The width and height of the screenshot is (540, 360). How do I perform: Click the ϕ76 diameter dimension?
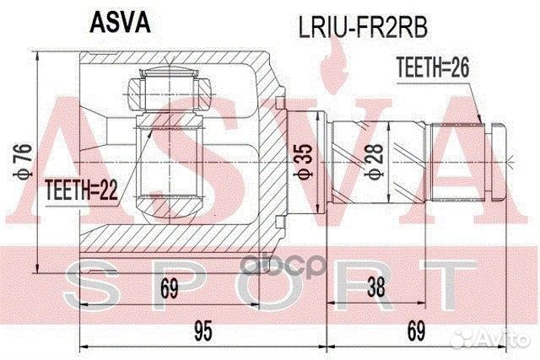(26, 157)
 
